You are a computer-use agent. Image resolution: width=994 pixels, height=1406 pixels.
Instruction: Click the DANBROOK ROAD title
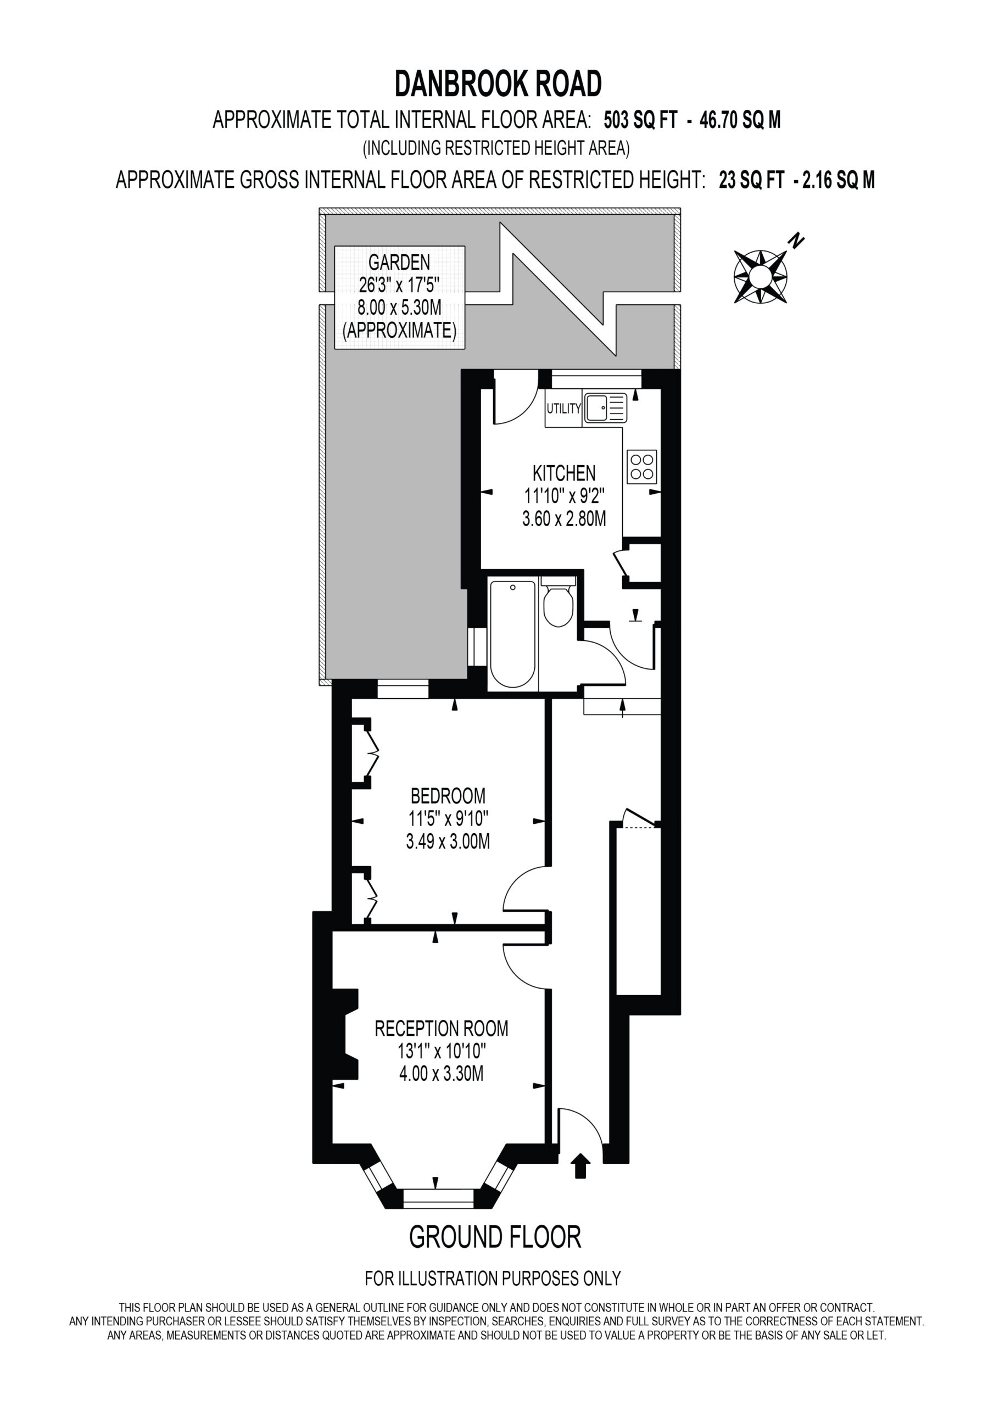pyautogui.click(x=498, y=84)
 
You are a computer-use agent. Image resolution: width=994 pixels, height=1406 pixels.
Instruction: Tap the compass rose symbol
pyautogui.click(x=760, y=276)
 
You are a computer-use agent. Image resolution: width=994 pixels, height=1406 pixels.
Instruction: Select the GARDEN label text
pyautogui.click(x=399, y=262)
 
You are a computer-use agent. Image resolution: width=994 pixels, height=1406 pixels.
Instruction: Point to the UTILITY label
pyautogui.click(x=563, y=409)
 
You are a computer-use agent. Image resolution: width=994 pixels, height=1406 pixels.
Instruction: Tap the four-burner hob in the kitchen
pyautogui.click(x=642, y=467)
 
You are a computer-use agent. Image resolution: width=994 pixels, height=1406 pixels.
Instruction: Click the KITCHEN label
pyautogui.click(x=563, y=473)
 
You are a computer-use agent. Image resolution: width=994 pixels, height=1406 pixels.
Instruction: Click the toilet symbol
pyautogui.click(x=558, y=603)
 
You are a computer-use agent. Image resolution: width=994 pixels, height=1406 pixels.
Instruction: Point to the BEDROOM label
pyautogui.click(x=448, y=795)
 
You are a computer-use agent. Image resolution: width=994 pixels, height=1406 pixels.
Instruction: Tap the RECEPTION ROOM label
pyautogui.click(x=441, y=1028)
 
